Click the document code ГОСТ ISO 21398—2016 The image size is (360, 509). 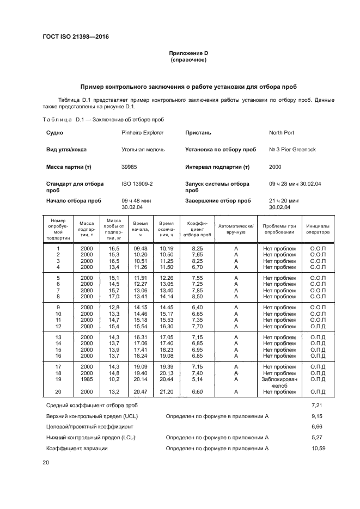coord(80,37)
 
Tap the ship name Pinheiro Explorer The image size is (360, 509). coord(142,132)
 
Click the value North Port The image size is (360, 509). coord(282,132)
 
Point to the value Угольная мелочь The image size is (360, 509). coord(143,149)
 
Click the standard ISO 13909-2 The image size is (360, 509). coord(137,184)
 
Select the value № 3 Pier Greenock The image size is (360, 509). coord(292,149)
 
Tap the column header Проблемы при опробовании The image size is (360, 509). coord(279,229)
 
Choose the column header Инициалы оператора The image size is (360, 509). coord(318,229)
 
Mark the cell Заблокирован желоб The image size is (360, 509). coord(279,383)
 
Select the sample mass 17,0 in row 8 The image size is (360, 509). coord(114,297)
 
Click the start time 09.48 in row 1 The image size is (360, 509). coord(141,249)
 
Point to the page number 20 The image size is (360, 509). coord(46,462)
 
